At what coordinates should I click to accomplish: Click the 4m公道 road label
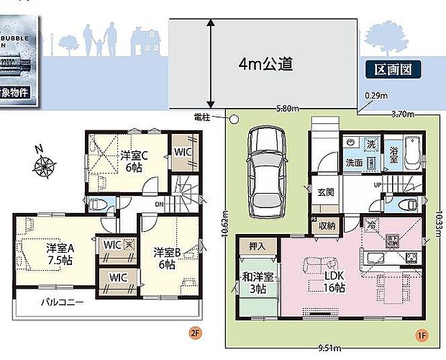(266, 65)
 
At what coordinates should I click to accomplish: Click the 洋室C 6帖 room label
(135, 161)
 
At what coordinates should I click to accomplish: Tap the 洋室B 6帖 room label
(166, 258)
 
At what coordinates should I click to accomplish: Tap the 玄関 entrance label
(326, 192)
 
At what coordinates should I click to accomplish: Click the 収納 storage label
(327, 225)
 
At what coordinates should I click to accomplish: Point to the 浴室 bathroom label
(395, 152)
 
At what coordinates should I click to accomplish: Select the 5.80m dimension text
(287, 109)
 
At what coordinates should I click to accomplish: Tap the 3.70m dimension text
(401, 113)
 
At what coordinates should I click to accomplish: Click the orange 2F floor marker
(194, 332)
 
